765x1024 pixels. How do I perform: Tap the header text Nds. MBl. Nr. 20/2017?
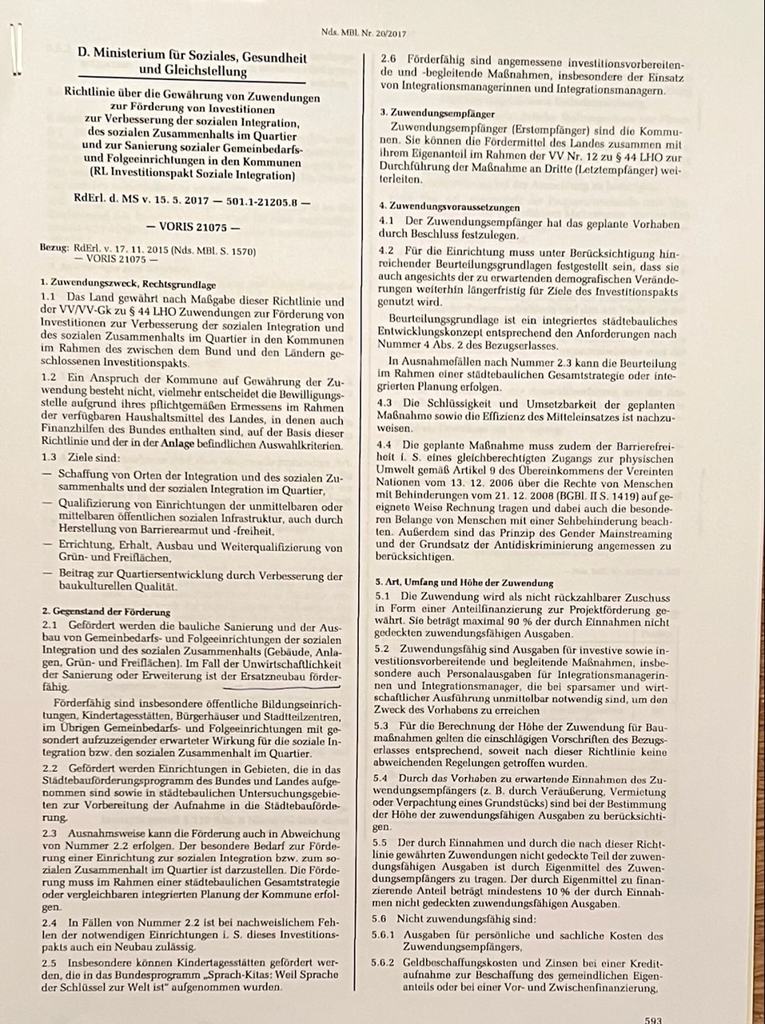click(x=364, y=34)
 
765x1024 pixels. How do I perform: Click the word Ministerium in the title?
click(x=133, y=58)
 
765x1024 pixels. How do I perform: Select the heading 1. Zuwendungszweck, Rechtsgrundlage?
click(x=127, y=284)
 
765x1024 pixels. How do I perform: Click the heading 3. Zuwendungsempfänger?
click(x=437, y=113)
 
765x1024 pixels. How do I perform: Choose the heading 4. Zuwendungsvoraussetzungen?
click(x=449, y=206)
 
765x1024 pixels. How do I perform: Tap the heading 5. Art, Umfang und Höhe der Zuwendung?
click(x=464, y=582)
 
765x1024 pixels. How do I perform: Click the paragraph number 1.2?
click(x=50, y=376)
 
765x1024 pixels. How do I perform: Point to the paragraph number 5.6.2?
click(x=383, y=962)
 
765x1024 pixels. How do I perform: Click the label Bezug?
click(x=54, y=250)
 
